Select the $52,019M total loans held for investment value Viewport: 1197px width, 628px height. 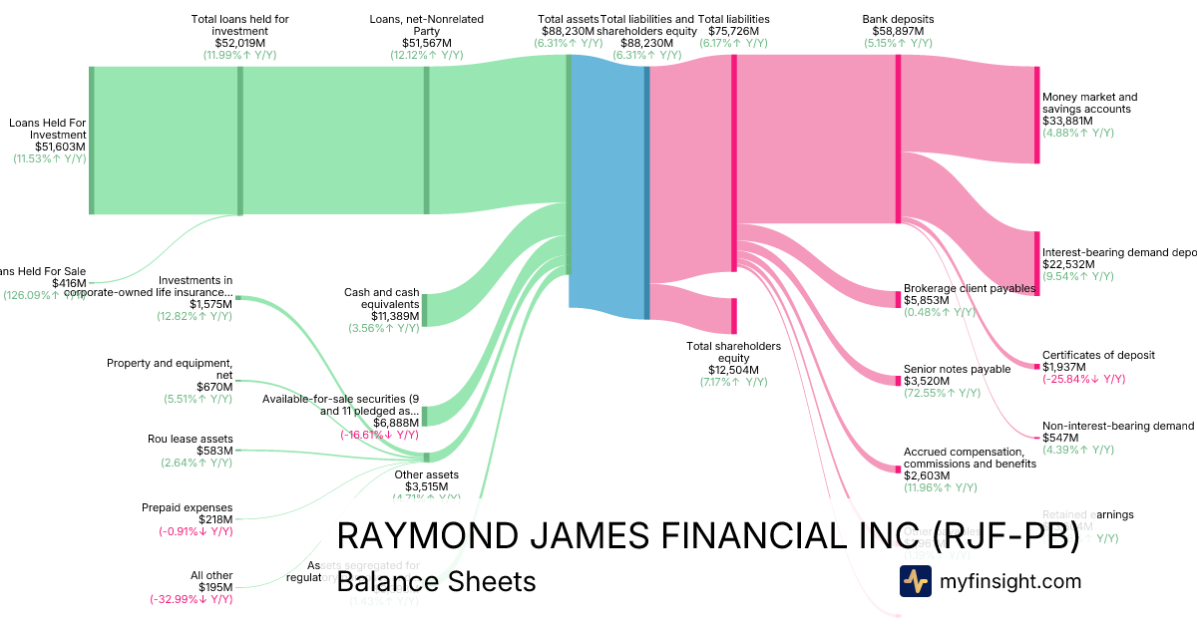click(240, 43)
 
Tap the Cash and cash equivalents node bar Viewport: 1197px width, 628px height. click(425, 310)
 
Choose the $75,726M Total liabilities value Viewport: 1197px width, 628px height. click(734, 31)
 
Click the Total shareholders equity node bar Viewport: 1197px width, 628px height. click(734, 315)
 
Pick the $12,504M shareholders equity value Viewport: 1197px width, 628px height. click(733, 370)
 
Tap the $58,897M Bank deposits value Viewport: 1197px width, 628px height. click(898, 31)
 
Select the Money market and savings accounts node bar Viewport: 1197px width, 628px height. click(1037, 115)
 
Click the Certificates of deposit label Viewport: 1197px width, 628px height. click(1098, 355)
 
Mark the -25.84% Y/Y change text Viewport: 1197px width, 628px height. click(1083, 379)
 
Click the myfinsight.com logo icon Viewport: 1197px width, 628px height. click(915, 581)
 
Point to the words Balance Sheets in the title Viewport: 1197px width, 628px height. click(436, 582)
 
